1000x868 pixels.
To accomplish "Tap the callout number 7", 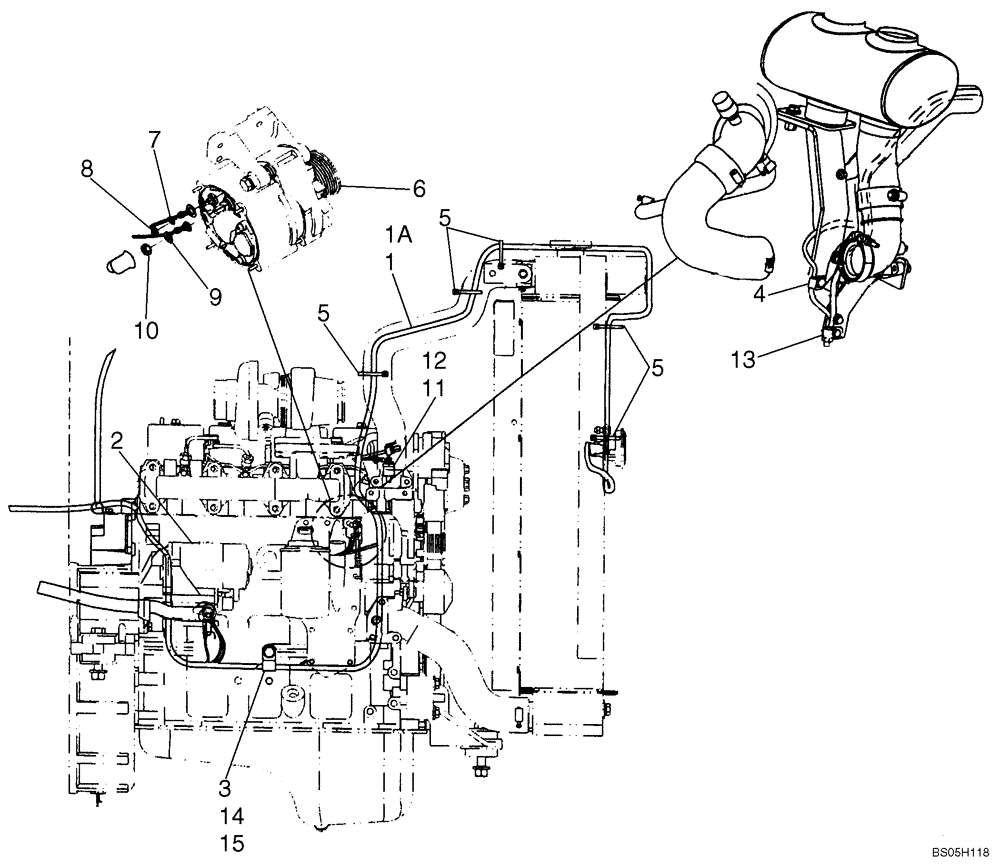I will point(154,139).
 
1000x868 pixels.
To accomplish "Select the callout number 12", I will point(432,385).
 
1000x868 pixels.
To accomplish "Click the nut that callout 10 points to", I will point(147,248).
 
